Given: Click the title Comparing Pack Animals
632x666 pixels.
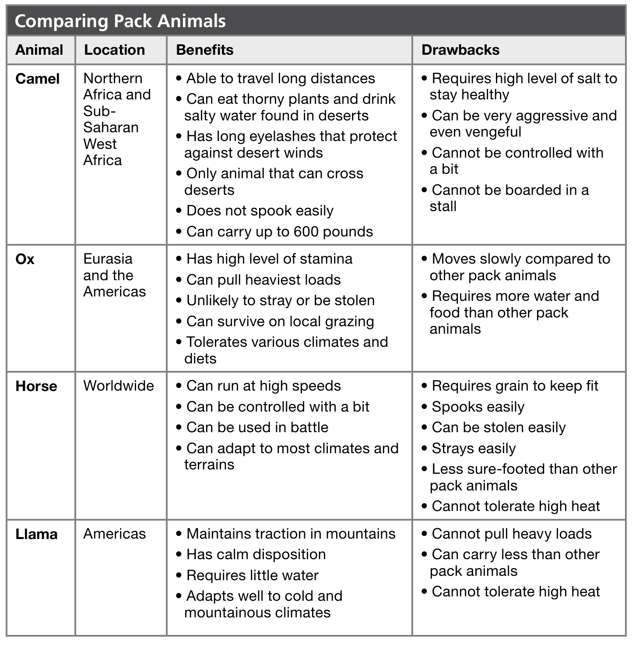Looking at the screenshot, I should click(x=120, y=21).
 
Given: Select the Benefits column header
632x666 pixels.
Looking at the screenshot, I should click(x=205, y=50).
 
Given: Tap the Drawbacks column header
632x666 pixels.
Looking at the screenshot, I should click(x=460, y=50).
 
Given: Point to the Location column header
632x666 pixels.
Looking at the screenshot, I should click(x=114, y=50).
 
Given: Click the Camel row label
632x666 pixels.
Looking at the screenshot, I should click(x=38, y=79).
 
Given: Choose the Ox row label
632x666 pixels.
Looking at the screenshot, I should click(x=25, y=259).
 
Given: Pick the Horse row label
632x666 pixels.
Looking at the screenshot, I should click(x=36, y=386).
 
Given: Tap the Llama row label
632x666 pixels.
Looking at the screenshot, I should click(x=36, y=534).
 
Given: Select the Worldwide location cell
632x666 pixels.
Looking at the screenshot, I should click(x=119, y=386).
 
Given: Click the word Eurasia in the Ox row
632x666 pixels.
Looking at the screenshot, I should click(x=108, y=259).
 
